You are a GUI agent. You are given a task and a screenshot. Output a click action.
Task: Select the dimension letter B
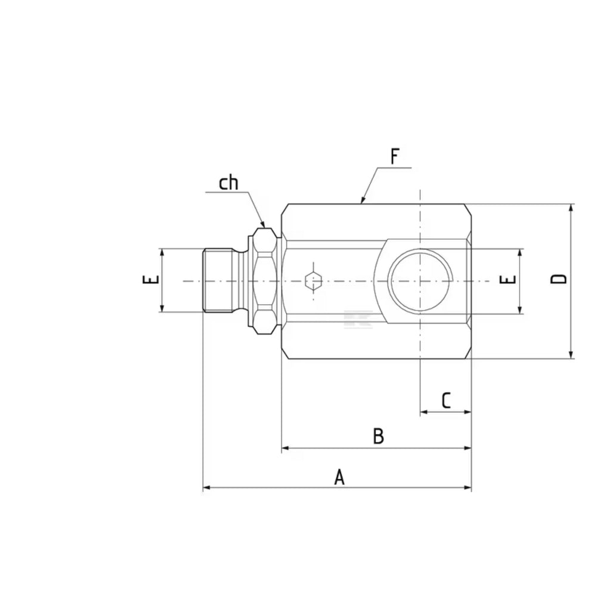pos(378,436)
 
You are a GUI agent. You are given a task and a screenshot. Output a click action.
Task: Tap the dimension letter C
pos(446,401)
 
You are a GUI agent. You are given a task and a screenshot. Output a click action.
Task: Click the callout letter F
pos(395,156)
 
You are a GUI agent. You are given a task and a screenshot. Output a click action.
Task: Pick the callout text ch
pos(228,183)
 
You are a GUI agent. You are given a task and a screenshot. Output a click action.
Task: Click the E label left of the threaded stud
pos(151,280)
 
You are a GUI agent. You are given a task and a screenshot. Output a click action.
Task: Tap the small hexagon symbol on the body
pos(313,281)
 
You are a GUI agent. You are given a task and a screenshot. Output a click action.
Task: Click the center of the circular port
pos(420,281)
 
